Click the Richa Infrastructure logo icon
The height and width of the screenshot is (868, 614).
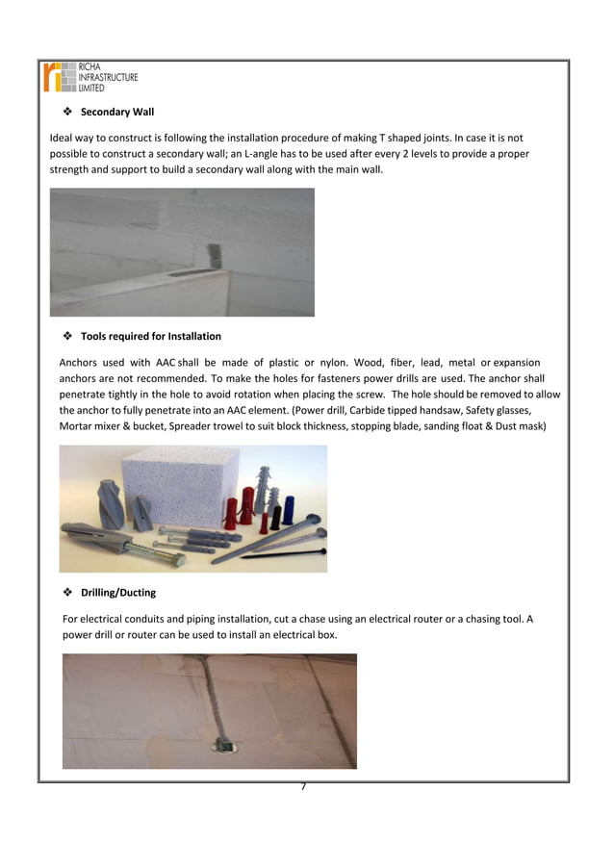(59, 76)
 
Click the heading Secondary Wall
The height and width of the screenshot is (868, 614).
(116, 112)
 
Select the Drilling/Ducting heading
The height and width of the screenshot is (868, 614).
(117, 592)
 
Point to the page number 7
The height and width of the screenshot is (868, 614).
(303, 786)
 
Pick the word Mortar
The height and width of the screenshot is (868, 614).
(77, 425)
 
